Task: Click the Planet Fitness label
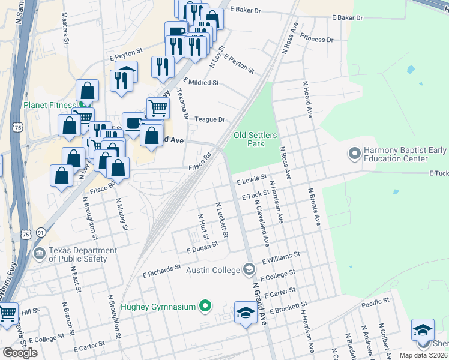tap(50, 105)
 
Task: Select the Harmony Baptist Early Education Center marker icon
tap(354, 154)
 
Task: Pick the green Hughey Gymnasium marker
tap(205, 307)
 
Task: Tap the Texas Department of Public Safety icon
tap(40, 254)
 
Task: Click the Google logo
tap(20, 353)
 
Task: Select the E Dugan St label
tap(201, 249)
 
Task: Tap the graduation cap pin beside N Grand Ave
tap(245, 313)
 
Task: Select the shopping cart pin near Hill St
tap(7, 313)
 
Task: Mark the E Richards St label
tap(161, 270)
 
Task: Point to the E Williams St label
tap(280, 259)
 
